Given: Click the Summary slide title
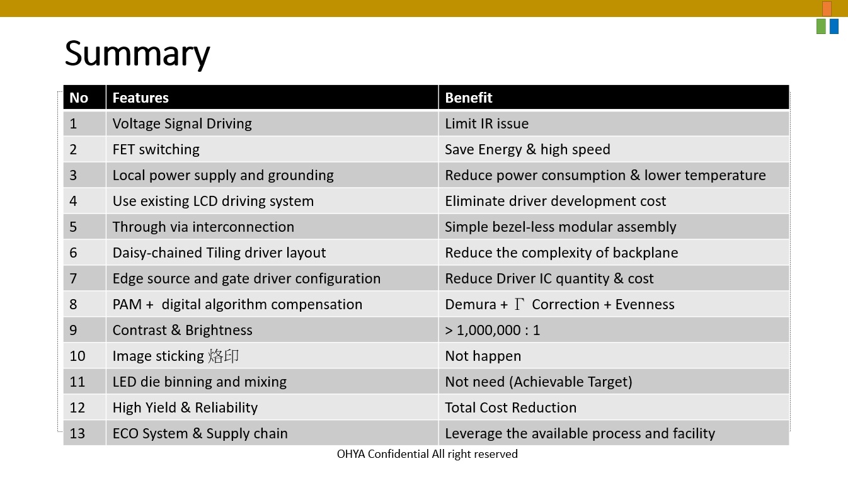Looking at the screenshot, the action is tap(137, 54).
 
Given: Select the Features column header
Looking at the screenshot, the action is tap(140, 98).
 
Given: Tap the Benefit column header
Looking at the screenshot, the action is tap(468, 98).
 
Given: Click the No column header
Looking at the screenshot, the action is tap(79, 98).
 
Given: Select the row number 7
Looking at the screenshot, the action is tap(74, 278).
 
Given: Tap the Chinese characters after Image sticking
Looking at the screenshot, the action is tap(224, 356).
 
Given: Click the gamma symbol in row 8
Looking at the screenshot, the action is tap(519, 304).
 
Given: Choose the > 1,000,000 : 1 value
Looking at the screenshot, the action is tap(492, 331).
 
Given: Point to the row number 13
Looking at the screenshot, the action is tap(77, 433).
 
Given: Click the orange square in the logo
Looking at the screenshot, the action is tap(827, 9).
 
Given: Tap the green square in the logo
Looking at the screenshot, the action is tap(821, 26).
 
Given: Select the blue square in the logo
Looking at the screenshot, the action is tap(834, 26).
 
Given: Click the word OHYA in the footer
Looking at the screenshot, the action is tap(351, 454).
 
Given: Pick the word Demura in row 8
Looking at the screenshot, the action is tap(471, 304).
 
